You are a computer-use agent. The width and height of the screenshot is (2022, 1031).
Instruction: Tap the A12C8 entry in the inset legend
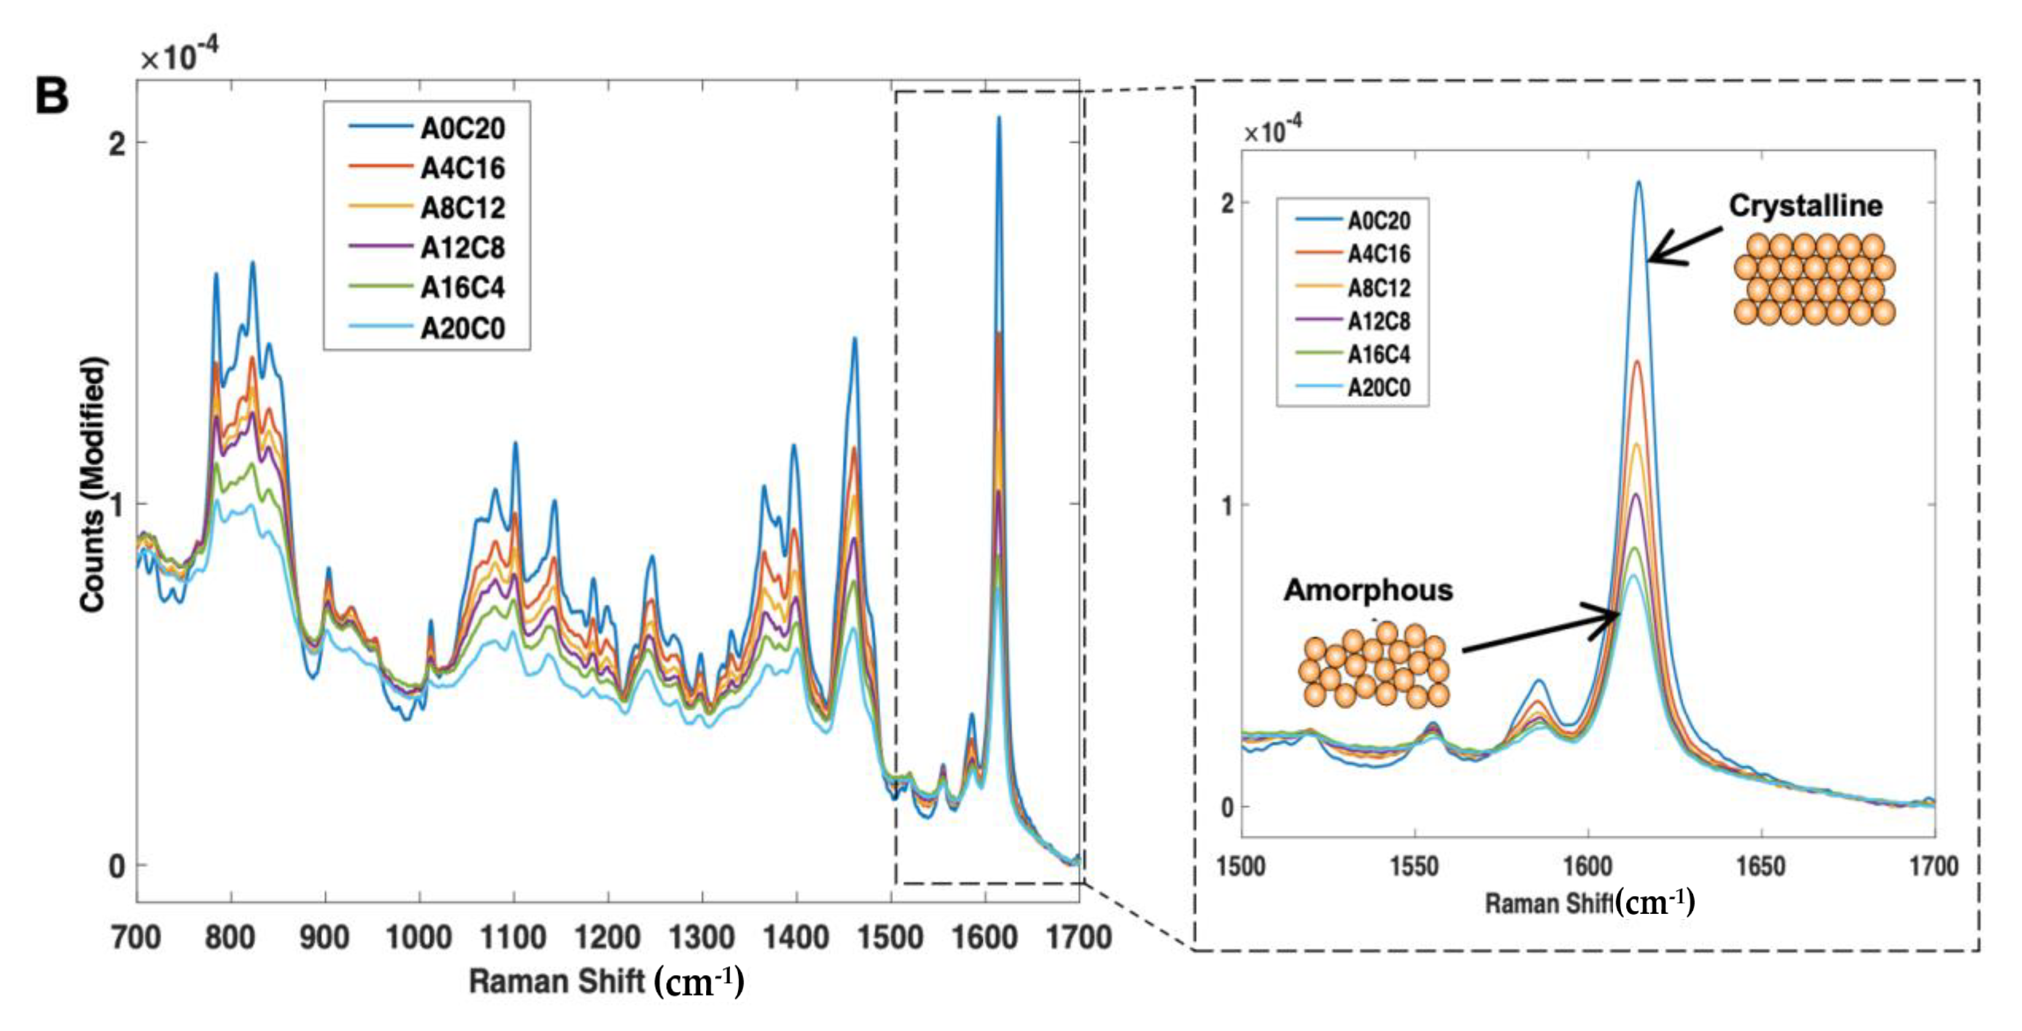click(1378, 321)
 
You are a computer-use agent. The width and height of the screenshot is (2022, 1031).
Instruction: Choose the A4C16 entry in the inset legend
click(1378, 253)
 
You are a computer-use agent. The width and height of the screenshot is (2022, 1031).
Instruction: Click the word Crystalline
click(1805, 206)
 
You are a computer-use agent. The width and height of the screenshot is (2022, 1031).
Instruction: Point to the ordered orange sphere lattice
click(1814, 279)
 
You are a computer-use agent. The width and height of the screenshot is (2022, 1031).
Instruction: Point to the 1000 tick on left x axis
click(418, 938)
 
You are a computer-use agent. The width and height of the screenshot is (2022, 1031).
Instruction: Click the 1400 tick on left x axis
click(796, 938)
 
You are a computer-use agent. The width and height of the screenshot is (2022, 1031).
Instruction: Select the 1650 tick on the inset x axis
click(1761, 866)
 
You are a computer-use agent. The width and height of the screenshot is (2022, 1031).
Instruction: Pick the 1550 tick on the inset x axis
click(1414, 866)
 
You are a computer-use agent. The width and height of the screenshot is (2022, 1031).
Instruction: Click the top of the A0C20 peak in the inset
click(1639, 183)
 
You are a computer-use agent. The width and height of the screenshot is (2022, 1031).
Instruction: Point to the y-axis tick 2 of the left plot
click(117, 144)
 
